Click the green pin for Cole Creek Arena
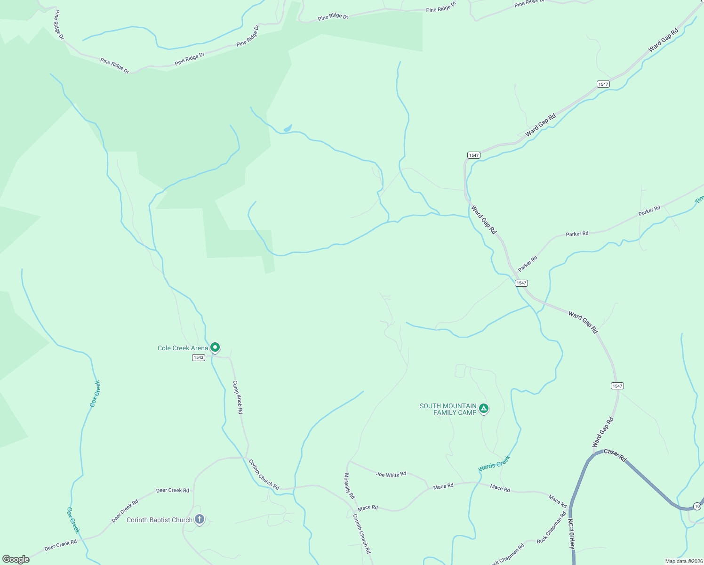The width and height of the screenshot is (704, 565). (215, 347)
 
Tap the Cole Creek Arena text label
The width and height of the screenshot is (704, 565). (183, 348)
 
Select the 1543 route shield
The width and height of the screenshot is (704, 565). (199, 358)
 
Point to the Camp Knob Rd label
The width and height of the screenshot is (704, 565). (238, 397)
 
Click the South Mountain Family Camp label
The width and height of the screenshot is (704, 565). (448, 409)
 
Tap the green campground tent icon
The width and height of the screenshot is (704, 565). (484, 408)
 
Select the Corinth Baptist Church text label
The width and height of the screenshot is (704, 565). (160, 520)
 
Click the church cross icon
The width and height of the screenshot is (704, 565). (200, 519)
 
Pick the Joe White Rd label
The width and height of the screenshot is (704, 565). (391, 475)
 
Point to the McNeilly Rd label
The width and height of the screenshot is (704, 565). (349, 486)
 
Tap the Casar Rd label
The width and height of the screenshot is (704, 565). (615, 455)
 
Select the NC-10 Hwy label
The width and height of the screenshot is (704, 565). (572, 534)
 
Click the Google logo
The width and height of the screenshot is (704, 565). (16, 559)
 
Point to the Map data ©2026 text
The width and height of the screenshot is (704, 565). (684, 561)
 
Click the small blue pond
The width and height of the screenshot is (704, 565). (288, 128)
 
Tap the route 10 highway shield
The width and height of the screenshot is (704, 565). (696, 507)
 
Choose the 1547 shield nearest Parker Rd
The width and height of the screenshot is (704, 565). (521, 283)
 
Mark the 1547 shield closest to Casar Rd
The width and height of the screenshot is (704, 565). (617, 386)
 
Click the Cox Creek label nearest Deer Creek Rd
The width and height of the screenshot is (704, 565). (73, 520)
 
